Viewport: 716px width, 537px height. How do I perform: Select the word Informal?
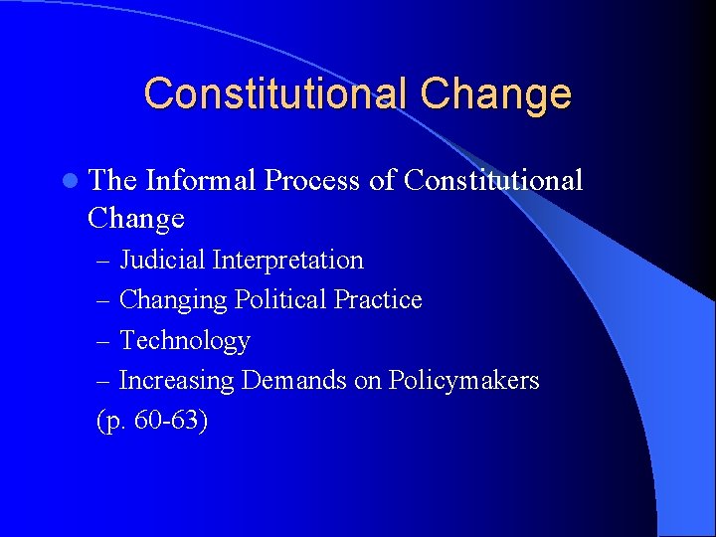tap(199, 180)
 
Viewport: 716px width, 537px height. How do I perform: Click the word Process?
tap(317, 180)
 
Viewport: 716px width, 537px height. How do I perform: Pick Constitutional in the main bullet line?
tap(494, 180)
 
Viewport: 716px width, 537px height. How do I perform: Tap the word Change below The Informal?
tap(136, 217)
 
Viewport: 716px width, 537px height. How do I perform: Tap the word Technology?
tap(184, 341)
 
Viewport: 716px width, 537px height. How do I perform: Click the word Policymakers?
tap(463, 381)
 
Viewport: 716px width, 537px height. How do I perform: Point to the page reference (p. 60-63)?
tap(152, 421)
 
